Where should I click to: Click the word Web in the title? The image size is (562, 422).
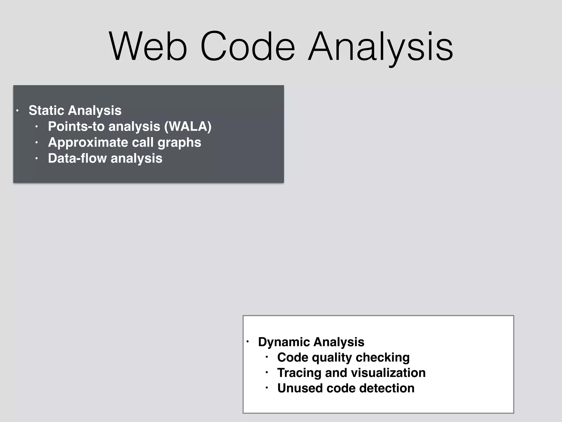tap(148, 47)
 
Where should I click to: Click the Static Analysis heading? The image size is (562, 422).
tap(75, 110)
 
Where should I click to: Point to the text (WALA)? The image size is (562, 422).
tap(188, 126)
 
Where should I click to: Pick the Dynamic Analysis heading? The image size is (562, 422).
tap(311, 342)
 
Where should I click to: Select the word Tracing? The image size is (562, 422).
tap(299, 373)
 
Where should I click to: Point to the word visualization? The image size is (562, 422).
tap(388, 373)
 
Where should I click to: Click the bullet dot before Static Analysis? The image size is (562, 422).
tap(17, 111)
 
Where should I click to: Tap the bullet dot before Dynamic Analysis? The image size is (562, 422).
tap(247, 342)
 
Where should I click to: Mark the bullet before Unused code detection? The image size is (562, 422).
tap(266, 388)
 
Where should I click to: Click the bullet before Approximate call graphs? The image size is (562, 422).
tap(36, 143)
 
